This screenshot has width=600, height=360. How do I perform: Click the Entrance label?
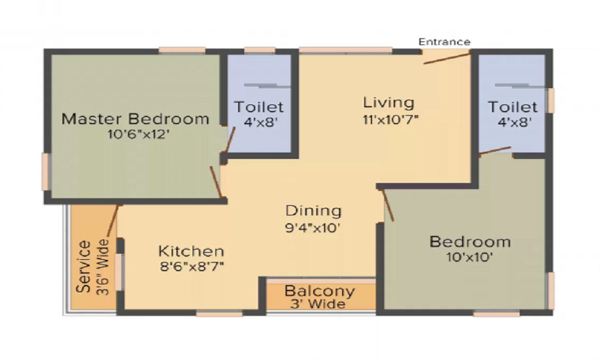(x=444, y=42)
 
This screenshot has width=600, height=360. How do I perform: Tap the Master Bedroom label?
(x=136, y=119)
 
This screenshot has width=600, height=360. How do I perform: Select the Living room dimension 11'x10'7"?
(x=390, y=119)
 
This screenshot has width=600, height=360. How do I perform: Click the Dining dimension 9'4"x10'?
(x=313, y=227)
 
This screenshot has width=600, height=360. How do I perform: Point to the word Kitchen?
(x=191, y=251)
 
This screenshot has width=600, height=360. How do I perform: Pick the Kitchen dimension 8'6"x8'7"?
(x=191, y=266)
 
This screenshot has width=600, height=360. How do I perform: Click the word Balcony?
(x=320, y=292)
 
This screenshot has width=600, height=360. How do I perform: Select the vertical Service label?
(x=85, y=266)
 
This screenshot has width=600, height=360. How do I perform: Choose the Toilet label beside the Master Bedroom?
(x=259, y=107)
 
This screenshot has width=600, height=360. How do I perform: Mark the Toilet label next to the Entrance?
(x=512, y=107)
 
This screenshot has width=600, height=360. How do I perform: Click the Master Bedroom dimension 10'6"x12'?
(x=136, y=134)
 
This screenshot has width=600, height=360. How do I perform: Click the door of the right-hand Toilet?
(x=495, y=151)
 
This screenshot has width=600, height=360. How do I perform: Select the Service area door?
(x=112, y=222)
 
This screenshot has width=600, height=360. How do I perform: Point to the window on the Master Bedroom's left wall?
(x=45, y=172)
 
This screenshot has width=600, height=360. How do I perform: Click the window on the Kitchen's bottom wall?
(x=219, y=313)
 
